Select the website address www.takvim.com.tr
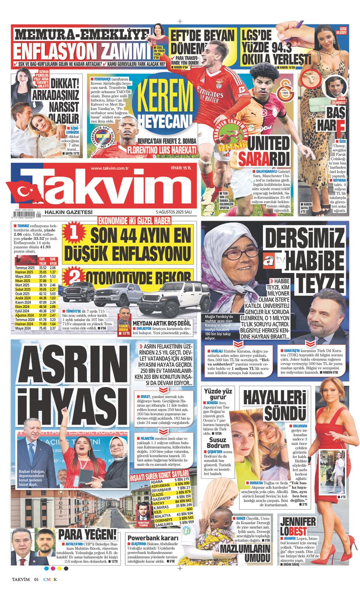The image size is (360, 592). coord(109,168)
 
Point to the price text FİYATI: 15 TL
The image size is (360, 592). coord(181,168)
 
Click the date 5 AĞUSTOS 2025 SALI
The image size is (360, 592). coord(174,212)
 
